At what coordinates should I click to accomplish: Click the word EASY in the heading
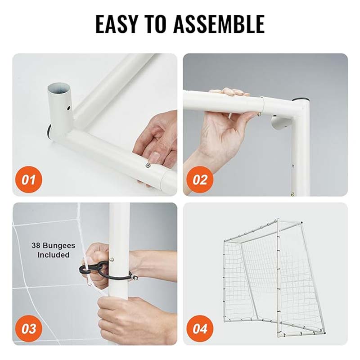tap(116, 24)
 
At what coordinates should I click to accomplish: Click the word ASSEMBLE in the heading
tap(219, 24)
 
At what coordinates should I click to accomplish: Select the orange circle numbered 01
tap(29, 180)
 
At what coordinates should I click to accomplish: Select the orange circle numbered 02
tap(200, 180)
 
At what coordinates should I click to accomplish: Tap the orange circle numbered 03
tap(29, 328)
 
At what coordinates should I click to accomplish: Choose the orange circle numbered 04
tap(200, 328)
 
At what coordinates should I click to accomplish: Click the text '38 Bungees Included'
tap(54, 250)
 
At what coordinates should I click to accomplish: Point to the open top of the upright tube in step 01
tap(59, 88)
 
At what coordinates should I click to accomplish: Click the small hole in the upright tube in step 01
tap(68, 107)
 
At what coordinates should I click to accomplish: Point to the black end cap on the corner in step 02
tap(300, 100)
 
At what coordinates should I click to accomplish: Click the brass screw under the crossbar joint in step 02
tap(259, 114)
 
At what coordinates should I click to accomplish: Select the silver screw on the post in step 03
tap(112, 260)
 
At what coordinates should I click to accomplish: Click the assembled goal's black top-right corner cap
tap(301, 223)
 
